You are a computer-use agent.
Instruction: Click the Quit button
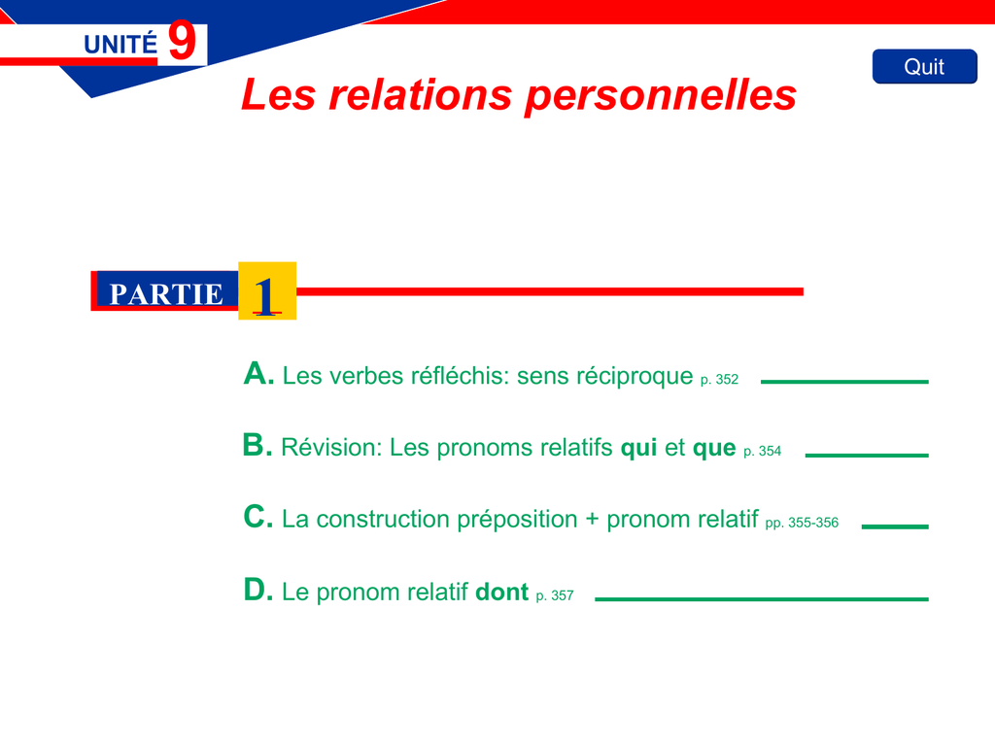coord(925,67)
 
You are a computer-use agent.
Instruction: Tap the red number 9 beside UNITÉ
coord(182,41)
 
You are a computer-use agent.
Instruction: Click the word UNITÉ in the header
coord(120,45)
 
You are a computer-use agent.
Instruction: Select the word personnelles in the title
coord(661,96)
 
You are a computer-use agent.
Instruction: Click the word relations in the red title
coord(420,94)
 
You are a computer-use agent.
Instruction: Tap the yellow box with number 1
coord(267,290)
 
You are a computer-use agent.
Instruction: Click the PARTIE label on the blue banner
coord(166,294)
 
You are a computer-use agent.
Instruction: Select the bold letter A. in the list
coord(258,373)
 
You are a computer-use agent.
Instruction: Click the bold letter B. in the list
coord(257,445)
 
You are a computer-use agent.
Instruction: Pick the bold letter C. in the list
coord(258,517)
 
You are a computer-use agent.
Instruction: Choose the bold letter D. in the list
coord(258,590)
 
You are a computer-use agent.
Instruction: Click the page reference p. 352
coord(720,380)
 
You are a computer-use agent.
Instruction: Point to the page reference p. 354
coord(762,451)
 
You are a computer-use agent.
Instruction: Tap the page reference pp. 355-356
coord(802,523)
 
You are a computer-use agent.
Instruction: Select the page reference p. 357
coord(555,595)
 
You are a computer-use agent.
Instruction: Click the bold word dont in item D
coord(502,592)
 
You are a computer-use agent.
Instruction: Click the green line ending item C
coord(895,526)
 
